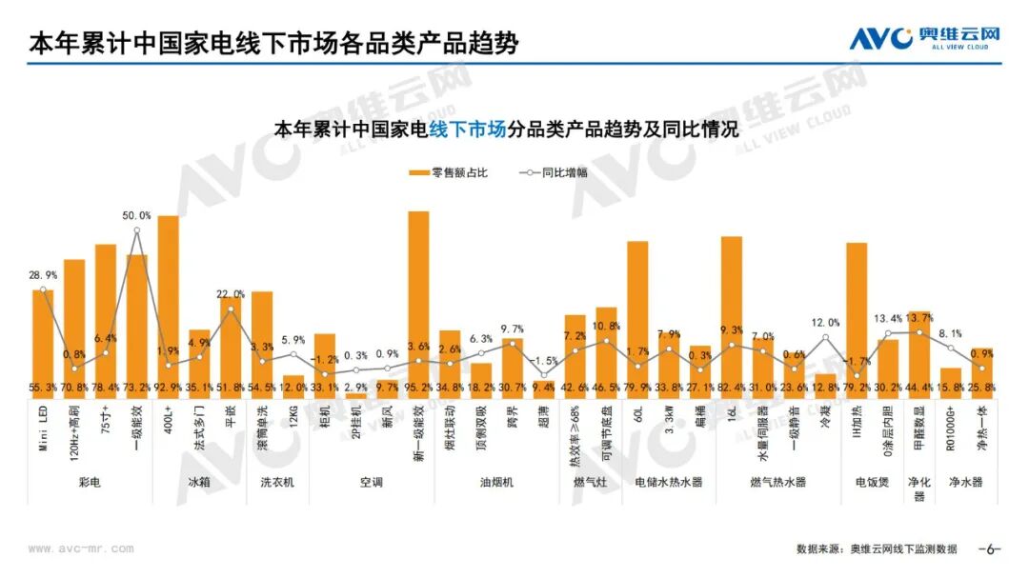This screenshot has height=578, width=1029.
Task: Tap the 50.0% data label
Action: pos(137,215)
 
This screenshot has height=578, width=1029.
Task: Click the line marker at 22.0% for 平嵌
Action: pos(231,309)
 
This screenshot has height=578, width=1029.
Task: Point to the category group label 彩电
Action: pos(90,483)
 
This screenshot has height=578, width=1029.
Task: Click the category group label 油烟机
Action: pos(496,483)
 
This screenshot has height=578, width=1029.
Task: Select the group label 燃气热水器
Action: pos(778,483)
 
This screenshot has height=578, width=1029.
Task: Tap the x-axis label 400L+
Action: pos(169,423)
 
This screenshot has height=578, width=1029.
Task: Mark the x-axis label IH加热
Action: pos(857,423)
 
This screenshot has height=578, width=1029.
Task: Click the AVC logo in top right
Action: pos(924,38)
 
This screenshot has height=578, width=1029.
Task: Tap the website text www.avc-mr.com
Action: pos(81,548)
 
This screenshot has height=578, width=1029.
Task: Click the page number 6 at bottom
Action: pos(991,548)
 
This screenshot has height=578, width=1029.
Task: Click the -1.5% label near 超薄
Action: pos(544,361)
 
